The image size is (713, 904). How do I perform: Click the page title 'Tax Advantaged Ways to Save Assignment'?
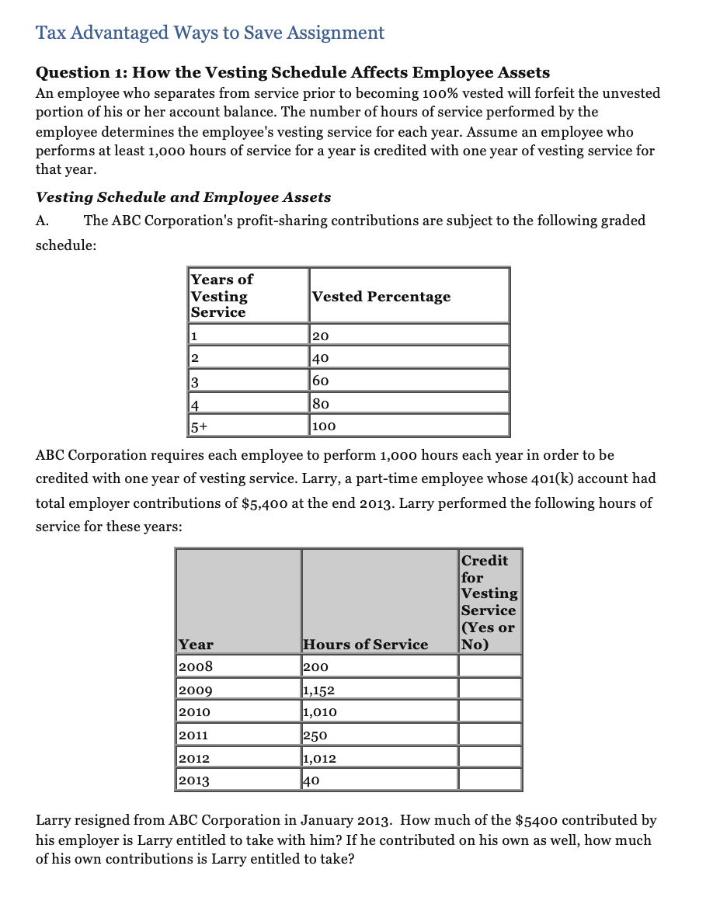(210, 33)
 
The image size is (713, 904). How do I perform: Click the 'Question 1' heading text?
(293, 72)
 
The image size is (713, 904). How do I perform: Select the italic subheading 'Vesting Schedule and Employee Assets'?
(183, 197)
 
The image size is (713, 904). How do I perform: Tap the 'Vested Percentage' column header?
(381, 297)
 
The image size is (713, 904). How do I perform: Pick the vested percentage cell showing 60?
(409, 381)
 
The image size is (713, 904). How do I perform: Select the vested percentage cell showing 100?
(409, 426)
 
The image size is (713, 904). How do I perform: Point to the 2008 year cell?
(237, 666)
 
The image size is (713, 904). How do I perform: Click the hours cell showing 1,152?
(379, 689)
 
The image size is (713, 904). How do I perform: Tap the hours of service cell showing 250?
(379, 734)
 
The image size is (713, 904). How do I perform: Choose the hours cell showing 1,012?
(379, 756)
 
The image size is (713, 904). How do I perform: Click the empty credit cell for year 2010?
(489, 711)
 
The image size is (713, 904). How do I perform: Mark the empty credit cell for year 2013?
(489, 779)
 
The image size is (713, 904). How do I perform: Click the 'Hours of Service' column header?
(365, 644)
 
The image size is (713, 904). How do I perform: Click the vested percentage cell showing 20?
(409, 336)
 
